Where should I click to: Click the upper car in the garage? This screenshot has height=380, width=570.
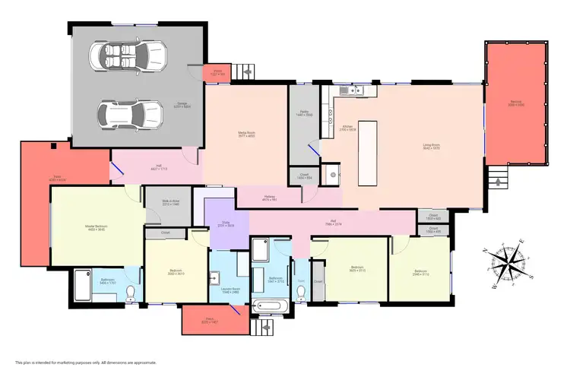[x=128, y=55]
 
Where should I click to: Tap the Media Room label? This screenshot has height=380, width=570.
[x=246, y=135]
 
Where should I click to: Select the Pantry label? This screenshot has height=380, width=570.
[x=303, y=114]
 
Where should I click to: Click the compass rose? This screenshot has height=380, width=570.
[x=506, y=262]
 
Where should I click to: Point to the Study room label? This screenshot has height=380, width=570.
[x=226, y=224]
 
